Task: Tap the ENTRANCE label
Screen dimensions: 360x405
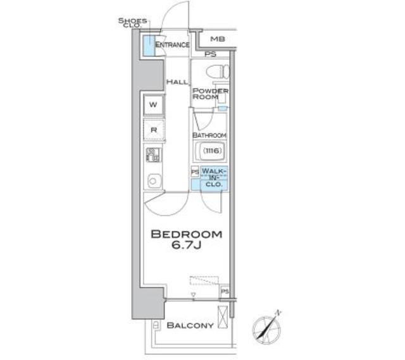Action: point(172,45)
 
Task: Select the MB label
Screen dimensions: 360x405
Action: point(217,39)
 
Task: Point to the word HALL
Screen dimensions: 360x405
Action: point(175,82)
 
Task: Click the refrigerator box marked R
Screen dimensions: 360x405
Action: point(154,130)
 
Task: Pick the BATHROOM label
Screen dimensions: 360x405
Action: point(209,135)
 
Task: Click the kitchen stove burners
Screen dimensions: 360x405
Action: point(153,155)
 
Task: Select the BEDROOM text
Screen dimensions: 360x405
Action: point(186,235)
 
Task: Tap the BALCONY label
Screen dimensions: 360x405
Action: point(190,326)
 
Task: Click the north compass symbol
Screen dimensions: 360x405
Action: point(266,328)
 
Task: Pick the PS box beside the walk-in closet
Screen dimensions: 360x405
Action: point(195,172)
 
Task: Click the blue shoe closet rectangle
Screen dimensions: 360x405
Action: point(147,46)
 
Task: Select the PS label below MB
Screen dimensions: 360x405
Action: point(209,54)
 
